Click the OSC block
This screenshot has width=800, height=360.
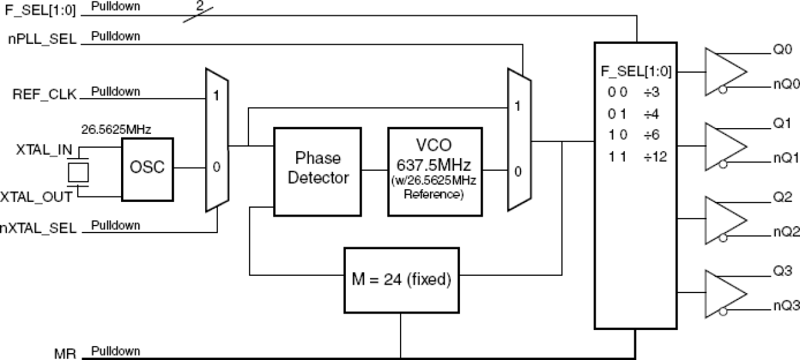coord(146,168)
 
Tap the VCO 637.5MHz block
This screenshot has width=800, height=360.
coord(435,169)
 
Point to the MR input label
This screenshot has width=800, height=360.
coord(66,353)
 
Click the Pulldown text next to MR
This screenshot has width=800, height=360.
coord(115,351)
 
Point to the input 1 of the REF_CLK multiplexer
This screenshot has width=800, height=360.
coord(216,97)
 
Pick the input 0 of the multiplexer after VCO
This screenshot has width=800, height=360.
coord(518,172)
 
